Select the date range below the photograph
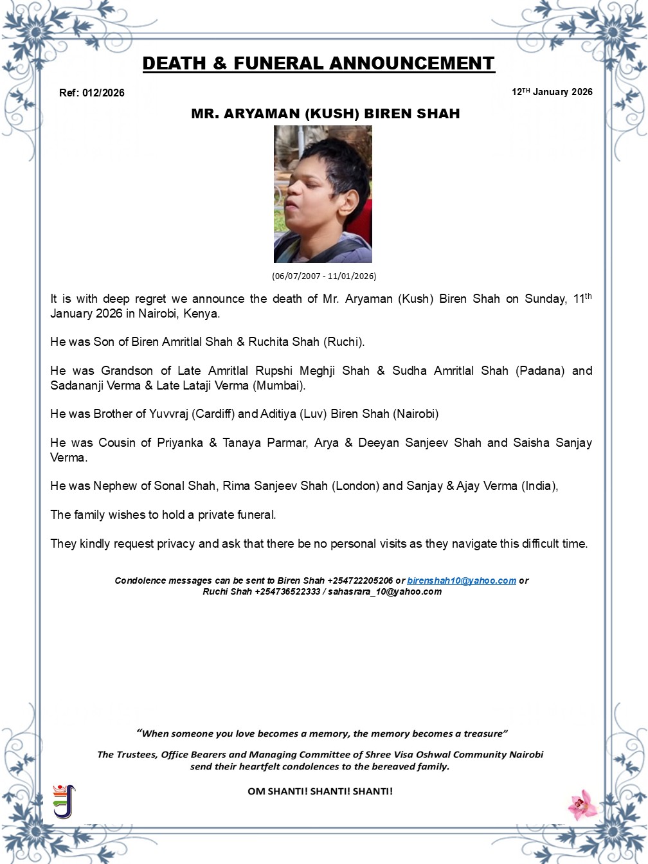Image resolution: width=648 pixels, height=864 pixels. (324, 276)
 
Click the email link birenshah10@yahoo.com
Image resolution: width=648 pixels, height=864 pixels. (462, 580)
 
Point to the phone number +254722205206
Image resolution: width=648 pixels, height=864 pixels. (360, 580)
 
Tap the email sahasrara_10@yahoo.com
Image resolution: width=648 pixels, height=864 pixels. (384, 591)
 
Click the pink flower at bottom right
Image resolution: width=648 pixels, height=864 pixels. (582, 804)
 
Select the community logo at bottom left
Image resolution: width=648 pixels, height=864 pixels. (64, 801)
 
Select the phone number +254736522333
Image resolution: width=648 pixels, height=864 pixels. (287, 591)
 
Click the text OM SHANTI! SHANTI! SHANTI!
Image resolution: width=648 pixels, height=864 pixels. (320, 791)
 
